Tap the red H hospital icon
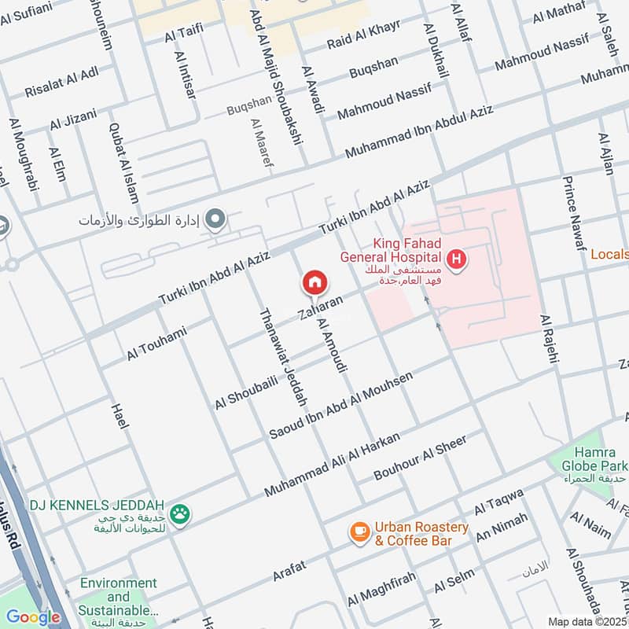pyautogui.click(x=455, y=257)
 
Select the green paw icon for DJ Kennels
pyautogui.click(x=181, y=513)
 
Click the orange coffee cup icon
pyautogui.click(x=360, y=533)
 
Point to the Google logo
pyautogui.click(x=33, y=617)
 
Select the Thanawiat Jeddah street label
pyautogui.click(x=282, y=356)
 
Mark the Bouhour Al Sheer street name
pyautogui.click(x=420, y=457)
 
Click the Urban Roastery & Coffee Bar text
pyautogui.click(x=422, y=534)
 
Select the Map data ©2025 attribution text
pyautogui.click(x=587, y=621)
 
